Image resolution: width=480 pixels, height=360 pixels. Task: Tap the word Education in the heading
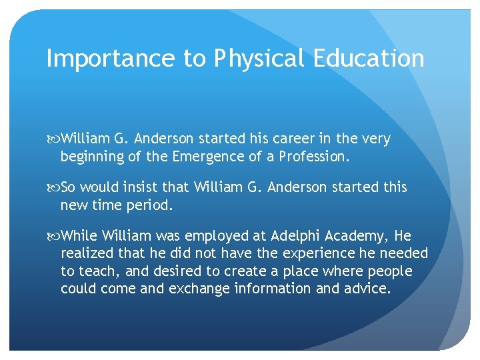(x=372, y=59)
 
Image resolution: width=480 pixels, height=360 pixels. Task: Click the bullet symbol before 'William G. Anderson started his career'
(x=53, y=139)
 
